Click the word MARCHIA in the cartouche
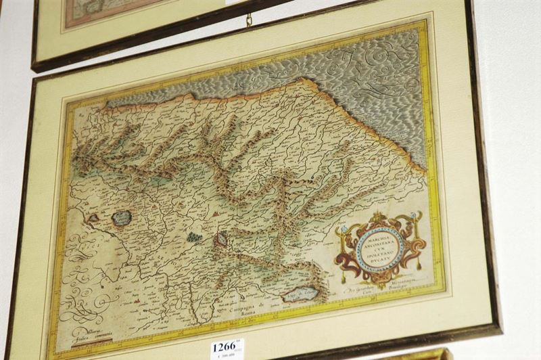tap(371, 236)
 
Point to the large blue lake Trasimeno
tap(121, 218)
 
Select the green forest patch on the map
tap(195, 238)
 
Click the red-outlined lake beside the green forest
tap(221, 238)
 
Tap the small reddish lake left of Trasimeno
tap(93, 219)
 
